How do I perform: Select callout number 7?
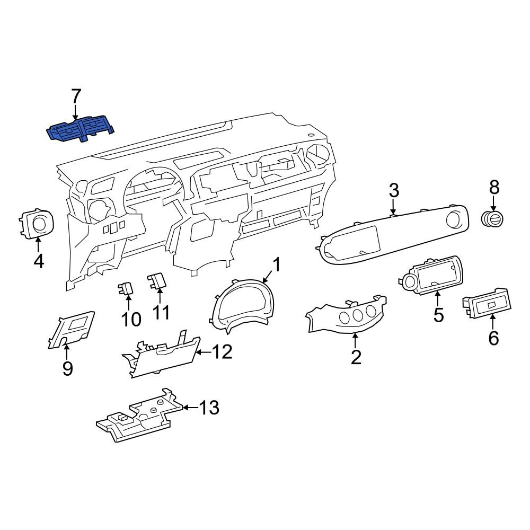tap(75, 96)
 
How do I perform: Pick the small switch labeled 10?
tap(125, 289)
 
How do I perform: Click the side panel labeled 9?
tap(72, 330)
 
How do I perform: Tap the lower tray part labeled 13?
tap(140, 416)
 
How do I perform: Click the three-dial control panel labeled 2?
tap(347, 316)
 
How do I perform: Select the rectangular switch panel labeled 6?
tap(487, 303)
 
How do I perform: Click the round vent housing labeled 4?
tap(36, 223)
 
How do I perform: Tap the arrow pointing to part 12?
tap(204, 352)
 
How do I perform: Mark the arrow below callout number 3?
tap(393, 206)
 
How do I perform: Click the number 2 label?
tap(356, 357)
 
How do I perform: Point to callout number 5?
tap(438, 315)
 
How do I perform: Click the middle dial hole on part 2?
tap(358, 315)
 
